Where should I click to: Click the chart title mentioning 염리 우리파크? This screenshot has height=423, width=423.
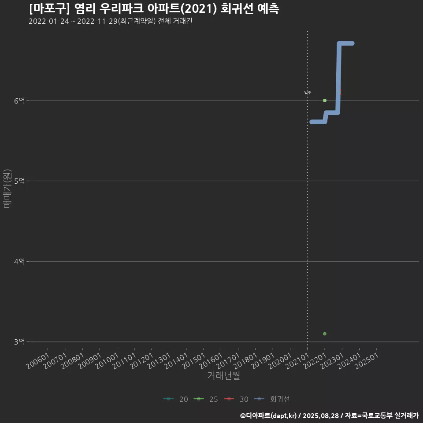click(154, 9)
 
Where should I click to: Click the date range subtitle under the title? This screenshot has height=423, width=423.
click(110, 21)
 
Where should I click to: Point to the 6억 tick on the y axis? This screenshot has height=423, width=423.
click(19, 100)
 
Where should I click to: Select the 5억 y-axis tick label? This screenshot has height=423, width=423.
click(19, 181)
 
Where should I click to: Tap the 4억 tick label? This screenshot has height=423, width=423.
click(19, 261)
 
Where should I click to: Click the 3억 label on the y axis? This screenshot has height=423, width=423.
click(19, 341)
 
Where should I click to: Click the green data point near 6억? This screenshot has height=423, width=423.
click(325, 100)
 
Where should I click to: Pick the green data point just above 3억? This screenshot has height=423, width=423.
click(325, 334)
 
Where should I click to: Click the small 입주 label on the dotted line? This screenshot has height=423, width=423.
click(308, 92)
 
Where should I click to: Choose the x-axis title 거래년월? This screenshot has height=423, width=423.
click(223, 376)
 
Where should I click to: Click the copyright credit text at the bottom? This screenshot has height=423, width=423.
click(329, 415)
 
